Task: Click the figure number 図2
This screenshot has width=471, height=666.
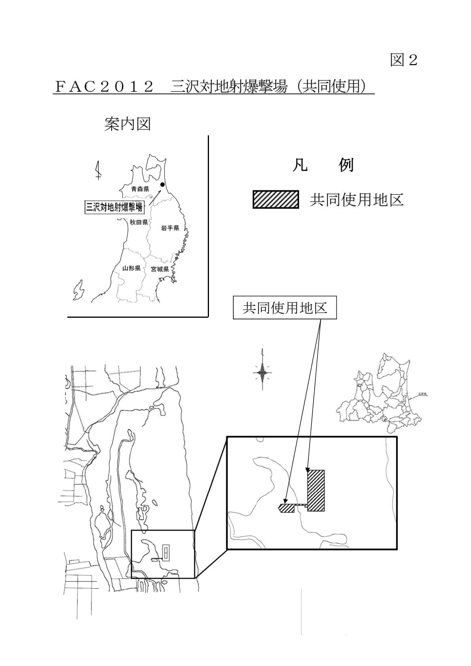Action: coord(403,60)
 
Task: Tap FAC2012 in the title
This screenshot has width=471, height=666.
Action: coord(104,86)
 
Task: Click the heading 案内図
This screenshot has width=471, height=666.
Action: coord(127,124)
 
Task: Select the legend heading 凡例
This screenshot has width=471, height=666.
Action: coord(323,165)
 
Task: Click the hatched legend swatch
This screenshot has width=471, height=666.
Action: coord(276,199)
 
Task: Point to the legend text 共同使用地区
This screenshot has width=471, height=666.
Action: coord(356,200)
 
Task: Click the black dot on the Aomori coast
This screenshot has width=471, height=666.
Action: coord(162,184)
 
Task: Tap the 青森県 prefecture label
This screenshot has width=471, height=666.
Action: coord(140,189)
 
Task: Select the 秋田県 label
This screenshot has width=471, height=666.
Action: coord(139,222)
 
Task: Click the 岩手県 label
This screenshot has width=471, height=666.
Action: coord(170,228)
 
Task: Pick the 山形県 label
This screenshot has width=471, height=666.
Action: coord(131,268)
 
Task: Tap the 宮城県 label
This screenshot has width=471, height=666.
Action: coord(160,269)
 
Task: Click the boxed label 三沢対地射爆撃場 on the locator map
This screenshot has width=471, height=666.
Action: coord(114,207)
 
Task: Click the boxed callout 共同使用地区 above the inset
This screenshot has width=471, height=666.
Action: coord(285,308)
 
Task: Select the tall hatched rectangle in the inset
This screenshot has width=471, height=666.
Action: coord(316,490)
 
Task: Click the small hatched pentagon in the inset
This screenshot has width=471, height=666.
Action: coord(286,508)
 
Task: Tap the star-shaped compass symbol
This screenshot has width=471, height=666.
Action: coord(262,372)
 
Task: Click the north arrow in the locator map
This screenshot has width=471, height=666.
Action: coord(99,171)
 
